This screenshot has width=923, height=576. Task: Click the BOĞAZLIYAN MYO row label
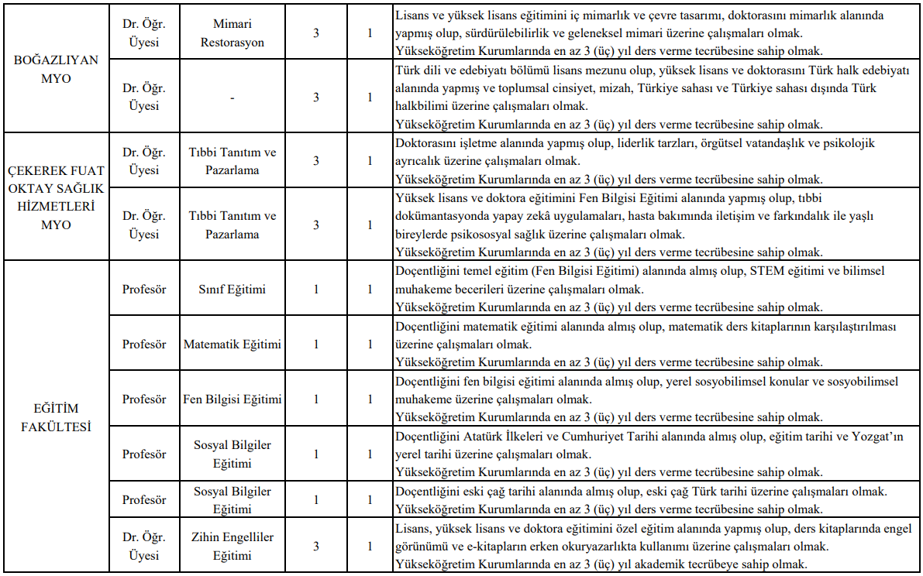pos(56,70)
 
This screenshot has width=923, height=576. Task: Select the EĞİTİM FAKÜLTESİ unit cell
pos(56,417)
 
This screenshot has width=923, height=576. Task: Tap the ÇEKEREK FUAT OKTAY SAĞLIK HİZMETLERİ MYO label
pos(56,197)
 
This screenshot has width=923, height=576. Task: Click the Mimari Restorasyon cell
pos(232,33)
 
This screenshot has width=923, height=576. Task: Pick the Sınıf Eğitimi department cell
pos(232,290)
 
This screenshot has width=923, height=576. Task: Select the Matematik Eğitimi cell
pos(232,345)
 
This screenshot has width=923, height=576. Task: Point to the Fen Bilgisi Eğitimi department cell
pos(232,399)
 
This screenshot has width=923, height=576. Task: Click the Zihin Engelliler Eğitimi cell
pos(232,546)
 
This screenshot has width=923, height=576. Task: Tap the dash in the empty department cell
pos(232,98)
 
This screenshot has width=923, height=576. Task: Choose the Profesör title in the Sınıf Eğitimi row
pos(143,290)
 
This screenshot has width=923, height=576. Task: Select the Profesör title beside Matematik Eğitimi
pos(143,345)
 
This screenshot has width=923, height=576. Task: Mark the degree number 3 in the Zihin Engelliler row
pos(315,546)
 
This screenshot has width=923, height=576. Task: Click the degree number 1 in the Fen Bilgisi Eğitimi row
pos(315,399)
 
